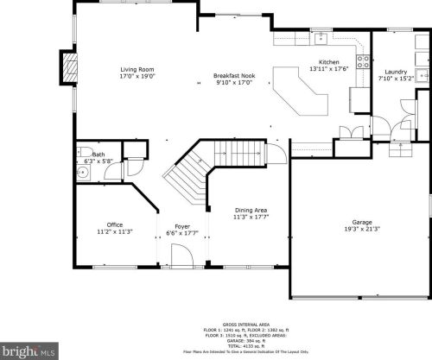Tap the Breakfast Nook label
[235, 76]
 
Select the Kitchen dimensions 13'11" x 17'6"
[329, 69]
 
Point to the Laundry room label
[396, 72]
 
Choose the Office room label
[114, 225]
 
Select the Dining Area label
[251, 210]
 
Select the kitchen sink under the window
[320, 38]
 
